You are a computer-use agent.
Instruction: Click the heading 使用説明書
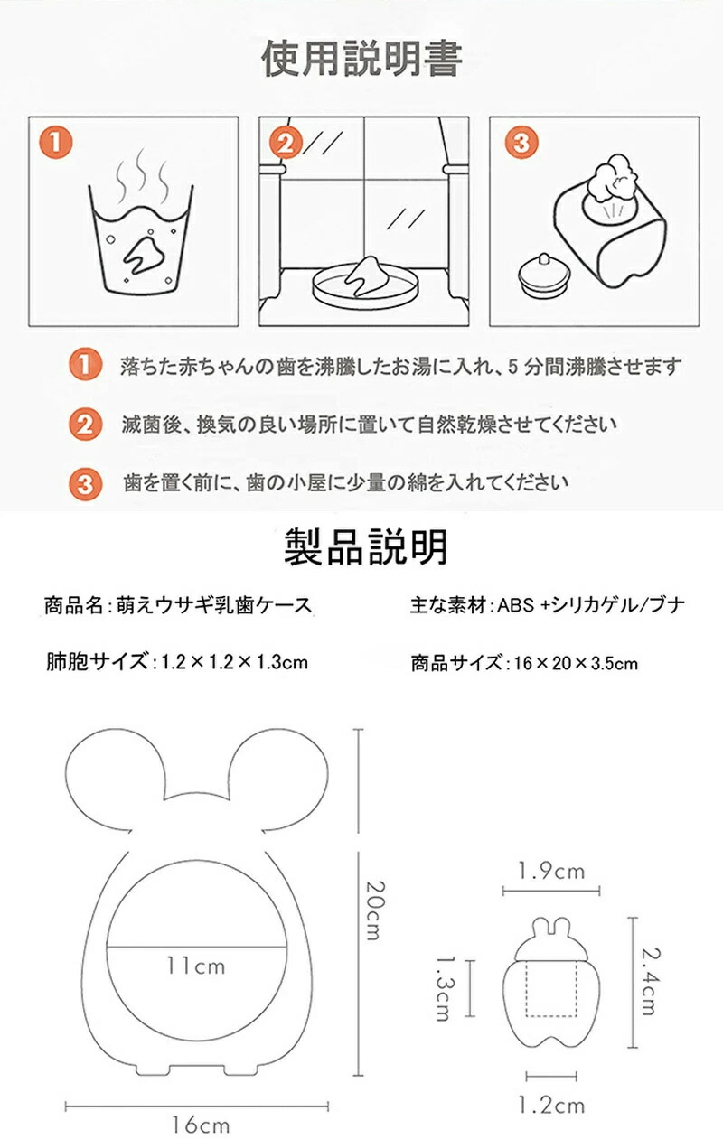[x=361, y=59]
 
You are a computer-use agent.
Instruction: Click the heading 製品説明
[x=365, y=547]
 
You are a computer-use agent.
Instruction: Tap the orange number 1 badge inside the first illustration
[x=56, y=142]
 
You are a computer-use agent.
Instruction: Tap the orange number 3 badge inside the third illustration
[x=521, y=142]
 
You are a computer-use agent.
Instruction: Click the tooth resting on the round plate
[x=367, y=275]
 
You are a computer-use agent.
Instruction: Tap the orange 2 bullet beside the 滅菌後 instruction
[x=85, y=424]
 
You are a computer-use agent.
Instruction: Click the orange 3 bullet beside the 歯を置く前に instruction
[x=85, y=483]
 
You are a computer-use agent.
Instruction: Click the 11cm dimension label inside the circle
[x=196, y=965]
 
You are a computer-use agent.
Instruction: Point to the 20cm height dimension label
[x=375, y=910]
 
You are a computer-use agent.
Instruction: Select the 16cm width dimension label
[x=200, y=1125]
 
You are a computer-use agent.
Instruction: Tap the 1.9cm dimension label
[x=551, y=871]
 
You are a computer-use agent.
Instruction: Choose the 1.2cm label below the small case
[x=551, y=1105]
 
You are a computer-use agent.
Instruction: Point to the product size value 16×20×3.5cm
[x=576, y=663]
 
